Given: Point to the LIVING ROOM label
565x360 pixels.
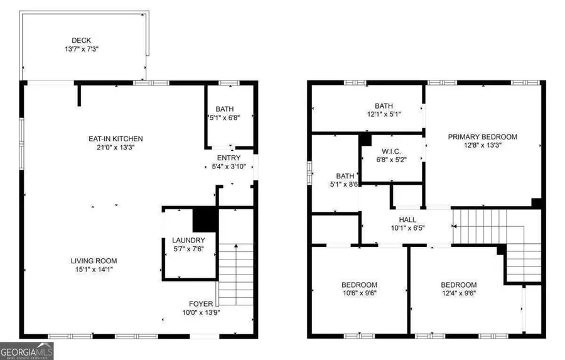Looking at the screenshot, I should pos(93,261).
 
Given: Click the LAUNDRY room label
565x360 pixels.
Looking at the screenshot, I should pos(188,241).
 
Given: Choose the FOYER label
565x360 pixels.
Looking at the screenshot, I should pos(201,303).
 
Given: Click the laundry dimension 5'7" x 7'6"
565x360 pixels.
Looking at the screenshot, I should pos(188,249).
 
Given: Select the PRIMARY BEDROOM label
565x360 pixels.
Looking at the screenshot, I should pos(482,137).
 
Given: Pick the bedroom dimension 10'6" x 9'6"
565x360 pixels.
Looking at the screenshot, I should pos(359,292).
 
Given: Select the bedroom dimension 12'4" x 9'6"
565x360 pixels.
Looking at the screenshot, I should pos(458,292).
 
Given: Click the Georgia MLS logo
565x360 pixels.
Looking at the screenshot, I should pos(26,350).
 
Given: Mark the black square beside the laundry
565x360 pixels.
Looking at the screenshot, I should pos(204,220).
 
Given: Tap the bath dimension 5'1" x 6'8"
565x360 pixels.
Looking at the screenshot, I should pos(224,117).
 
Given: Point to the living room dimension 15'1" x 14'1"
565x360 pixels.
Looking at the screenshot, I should pos(93,269).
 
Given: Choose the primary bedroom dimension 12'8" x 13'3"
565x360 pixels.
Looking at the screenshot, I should pos(482,145).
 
